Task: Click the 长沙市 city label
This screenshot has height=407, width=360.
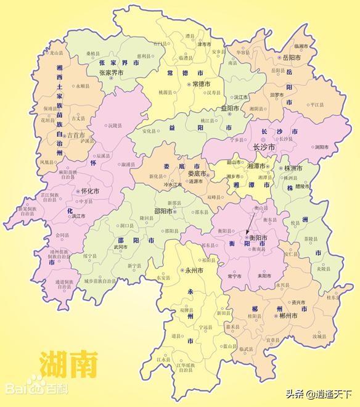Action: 266,148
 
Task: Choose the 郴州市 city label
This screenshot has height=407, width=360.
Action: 288,316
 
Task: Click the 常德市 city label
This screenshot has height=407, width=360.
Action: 201,83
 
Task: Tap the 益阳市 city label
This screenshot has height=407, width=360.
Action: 229,108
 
